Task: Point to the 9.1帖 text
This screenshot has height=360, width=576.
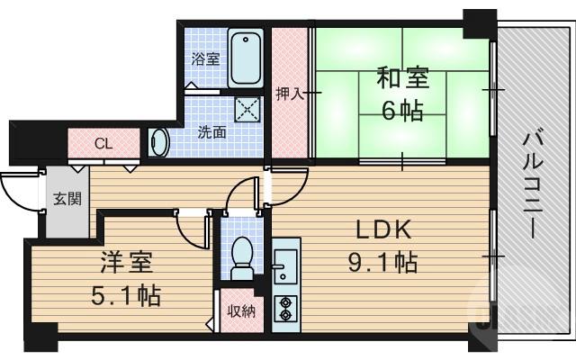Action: (382, 263)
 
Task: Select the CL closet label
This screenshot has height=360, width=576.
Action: (103, 144)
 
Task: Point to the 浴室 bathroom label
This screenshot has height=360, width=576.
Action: (205, 60)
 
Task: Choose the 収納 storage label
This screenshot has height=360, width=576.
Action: (240, 311)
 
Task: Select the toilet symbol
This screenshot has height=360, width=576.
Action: (241, 254)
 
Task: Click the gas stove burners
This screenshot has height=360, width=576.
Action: (286, 307)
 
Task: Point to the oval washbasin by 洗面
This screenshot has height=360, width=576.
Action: (159, 143)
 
